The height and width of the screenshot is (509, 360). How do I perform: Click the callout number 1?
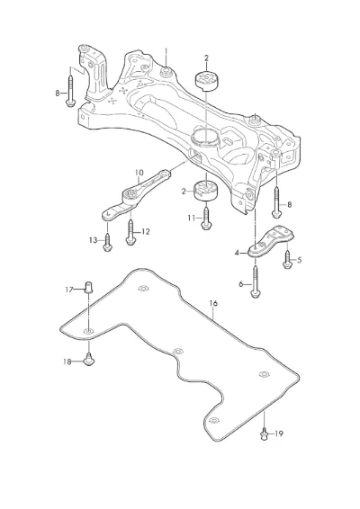click(166, 52)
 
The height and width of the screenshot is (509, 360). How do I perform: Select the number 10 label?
click(139, 173)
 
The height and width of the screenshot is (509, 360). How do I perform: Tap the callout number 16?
click(213, 304)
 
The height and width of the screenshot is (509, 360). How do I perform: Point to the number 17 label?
click(69, 290)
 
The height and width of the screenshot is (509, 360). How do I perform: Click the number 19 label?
click(279, 433)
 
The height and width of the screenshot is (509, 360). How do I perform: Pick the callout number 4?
click(237, 253)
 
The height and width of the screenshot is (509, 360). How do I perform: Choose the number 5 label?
click(299, 260)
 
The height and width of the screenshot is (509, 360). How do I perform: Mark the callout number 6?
click(241, 284)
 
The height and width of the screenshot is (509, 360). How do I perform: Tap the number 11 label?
click(192, 219)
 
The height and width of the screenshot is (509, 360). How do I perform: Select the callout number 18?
click(67, 362)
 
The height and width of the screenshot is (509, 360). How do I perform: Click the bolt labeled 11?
click(206, 218)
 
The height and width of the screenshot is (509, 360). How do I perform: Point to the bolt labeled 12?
click(130, 232)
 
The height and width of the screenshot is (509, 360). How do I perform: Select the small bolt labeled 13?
click(107, 242)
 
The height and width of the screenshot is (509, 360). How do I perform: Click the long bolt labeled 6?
click(256, 281)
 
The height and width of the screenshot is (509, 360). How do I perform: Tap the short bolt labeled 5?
click(287, 260)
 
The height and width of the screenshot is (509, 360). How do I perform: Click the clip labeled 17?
click(88, 287)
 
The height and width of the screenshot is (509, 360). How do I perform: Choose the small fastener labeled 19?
click(265, 434)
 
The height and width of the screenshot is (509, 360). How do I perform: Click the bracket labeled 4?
click(271, 243)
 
